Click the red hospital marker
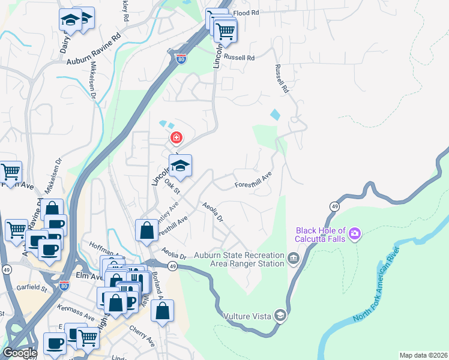click(176, 139)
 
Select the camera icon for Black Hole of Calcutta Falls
click(355, 232)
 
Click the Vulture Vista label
click(247, 316)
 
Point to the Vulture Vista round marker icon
click(280, 315)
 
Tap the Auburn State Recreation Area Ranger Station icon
click(293, 259)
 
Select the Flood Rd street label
click(246, 12)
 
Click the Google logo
click(19, 353)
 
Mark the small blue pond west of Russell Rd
click(275, 113)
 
